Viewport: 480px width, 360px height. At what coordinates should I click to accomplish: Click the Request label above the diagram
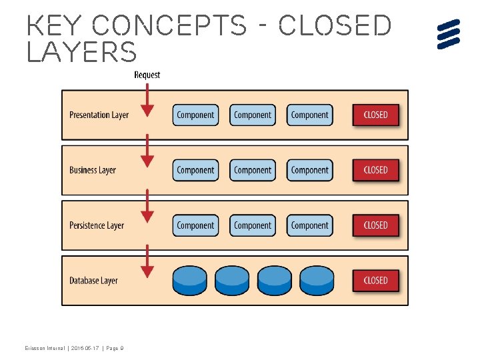[147, 75]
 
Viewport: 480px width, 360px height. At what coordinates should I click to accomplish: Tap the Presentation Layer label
[99, 115]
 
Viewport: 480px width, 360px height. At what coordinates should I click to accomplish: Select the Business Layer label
[93, 170]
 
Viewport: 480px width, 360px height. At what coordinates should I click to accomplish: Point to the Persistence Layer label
[97, 225]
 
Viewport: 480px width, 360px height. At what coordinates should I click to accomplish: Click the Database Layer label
[93, 281]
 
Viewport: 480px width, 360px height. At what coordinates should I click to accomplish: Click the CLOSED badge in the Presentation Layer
[375, 115]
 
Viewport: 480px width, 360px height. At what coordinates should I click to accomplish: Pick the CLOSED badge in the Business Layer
[375, 170]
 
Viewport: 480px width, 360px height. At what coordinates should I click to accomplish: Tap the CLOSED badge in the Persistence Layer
[375, 225]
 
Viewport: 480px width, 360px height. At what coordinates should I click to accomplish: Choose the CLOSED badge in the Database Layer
[375, 281]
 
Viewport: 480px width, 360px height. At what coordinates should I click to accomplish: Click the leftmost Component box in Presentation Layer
[195, 115]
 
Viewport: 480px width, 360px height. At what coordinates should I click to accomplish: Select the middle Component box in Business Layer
[253, 170]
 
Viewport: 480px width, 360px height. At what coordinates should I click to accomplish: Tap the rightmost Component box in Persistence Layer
[309, 225]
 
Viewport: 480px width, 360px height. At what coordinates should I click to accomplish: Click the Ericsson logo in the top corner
[449, 34]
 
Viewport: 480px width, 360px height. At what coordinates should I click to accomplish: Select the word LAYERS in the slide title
[81, 53]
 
